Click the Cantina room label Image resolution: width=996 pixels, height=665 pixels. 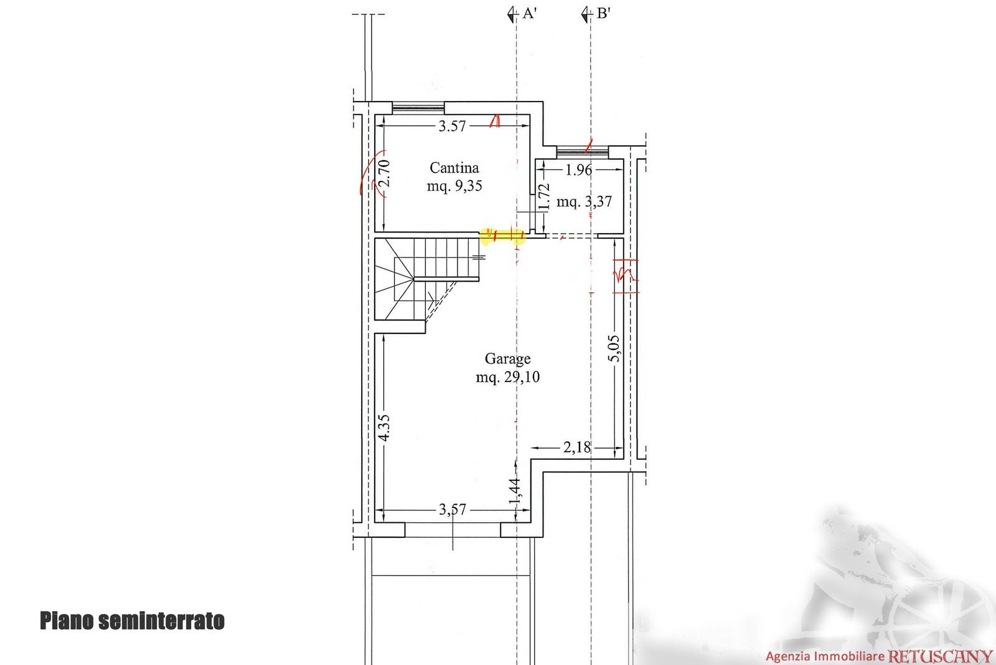tap(454, 168)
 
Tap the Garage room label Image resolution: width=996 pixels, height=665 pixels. tap(507, 358)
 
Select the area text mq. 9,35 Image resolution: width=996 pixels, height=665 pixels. tap(454, 186)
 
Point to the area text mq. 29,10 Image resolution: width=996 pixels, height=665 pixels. tap(507, 377)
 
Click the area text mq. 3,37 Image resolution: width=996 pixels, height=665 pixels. tap(585, 202)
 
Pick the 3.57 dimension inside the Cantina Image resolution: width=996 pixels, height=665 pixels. tap(452, 127)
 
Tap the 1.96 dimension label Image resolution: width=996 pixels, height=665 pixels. tap(578, 170)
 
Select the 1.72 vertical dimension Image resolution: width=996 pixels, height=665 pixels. tap(544, 196)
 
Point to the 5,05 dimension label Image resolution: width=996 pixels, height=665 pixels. tap(614, 348)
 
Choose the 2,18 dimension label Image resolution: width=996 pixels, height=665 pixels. tap(576, 447)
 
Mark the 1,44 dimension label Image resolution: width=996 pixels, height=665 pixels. tap(515, 491)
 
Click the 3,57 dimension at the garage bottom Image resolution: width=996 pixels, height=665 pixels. tap(452, 509)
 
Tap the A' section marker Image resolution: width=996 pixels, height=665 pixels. tap(522, 14)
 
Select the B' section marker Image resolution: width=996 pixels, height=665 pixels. tap(596, 14)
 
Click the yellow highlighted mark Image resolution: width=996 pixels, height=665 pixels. tap(502, 236)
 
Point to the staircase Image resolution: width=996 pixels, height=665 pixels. tap(426, 279)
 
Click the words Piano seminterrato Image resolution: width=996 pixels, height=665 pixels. tap(132, 621)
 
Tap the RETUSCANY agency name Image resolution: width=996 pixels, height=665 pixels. tap(939, 656)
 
